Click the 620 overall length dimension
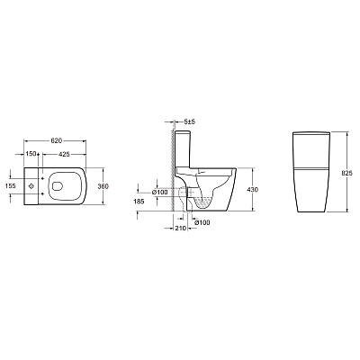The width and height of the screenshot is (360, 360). (x=56, y=140)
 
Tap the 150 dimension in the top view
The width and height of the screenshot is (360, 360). (x=31, y=154)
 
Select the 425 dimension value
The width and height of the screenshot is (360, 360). (x=64, y=154)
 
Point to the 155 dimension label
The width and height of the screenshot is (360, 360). (x=11, y=186)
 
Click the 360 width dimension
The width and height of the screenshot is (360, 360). (x=103, y=186)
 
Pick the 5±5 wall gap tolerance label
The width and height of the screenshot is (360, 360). (x=190, y=121)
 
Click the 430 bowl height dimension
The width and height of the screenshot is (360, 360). (x=253, y=190)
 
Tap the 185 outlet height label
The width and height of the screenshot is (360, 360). (x=139, y=202)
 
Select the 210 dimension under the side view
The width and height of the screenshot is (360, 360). (x=180, y=229)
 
